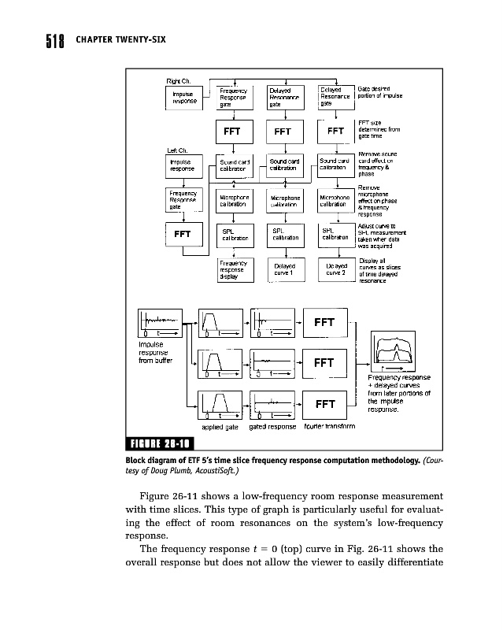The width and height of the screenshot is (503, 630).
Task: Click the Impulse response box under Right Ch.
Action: [x=185, y=97]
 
